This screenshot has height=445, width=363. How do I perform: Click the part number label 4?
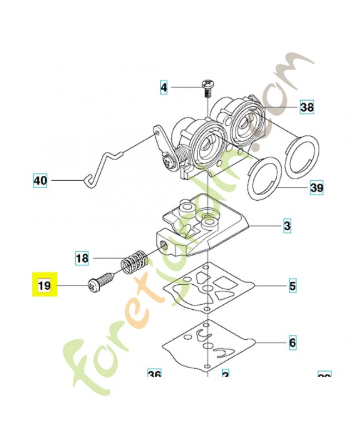[163, 87]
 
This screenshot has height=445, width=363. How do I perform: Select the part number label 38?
[307, 107]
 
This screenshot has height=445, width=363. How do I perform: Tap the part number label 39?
[316, 188]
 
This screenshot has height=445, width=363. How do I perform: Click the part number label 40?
[40, 181]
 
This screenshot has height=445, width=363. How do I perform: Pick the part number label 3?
[287, 226]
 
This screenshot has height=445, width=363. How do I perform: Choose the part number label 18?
[82, 258]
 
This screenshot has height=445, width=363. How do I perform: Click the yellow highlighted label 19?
[44, 286]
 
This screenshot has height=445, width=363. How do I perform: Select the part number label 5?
[292, 287]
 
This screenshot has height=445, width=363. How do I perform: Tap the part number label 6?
[292, 343]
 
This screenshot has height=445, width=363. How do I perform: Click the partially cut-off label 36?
[154, 374]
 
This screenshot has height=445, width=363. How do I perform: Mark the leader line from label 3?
[264, 226]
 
